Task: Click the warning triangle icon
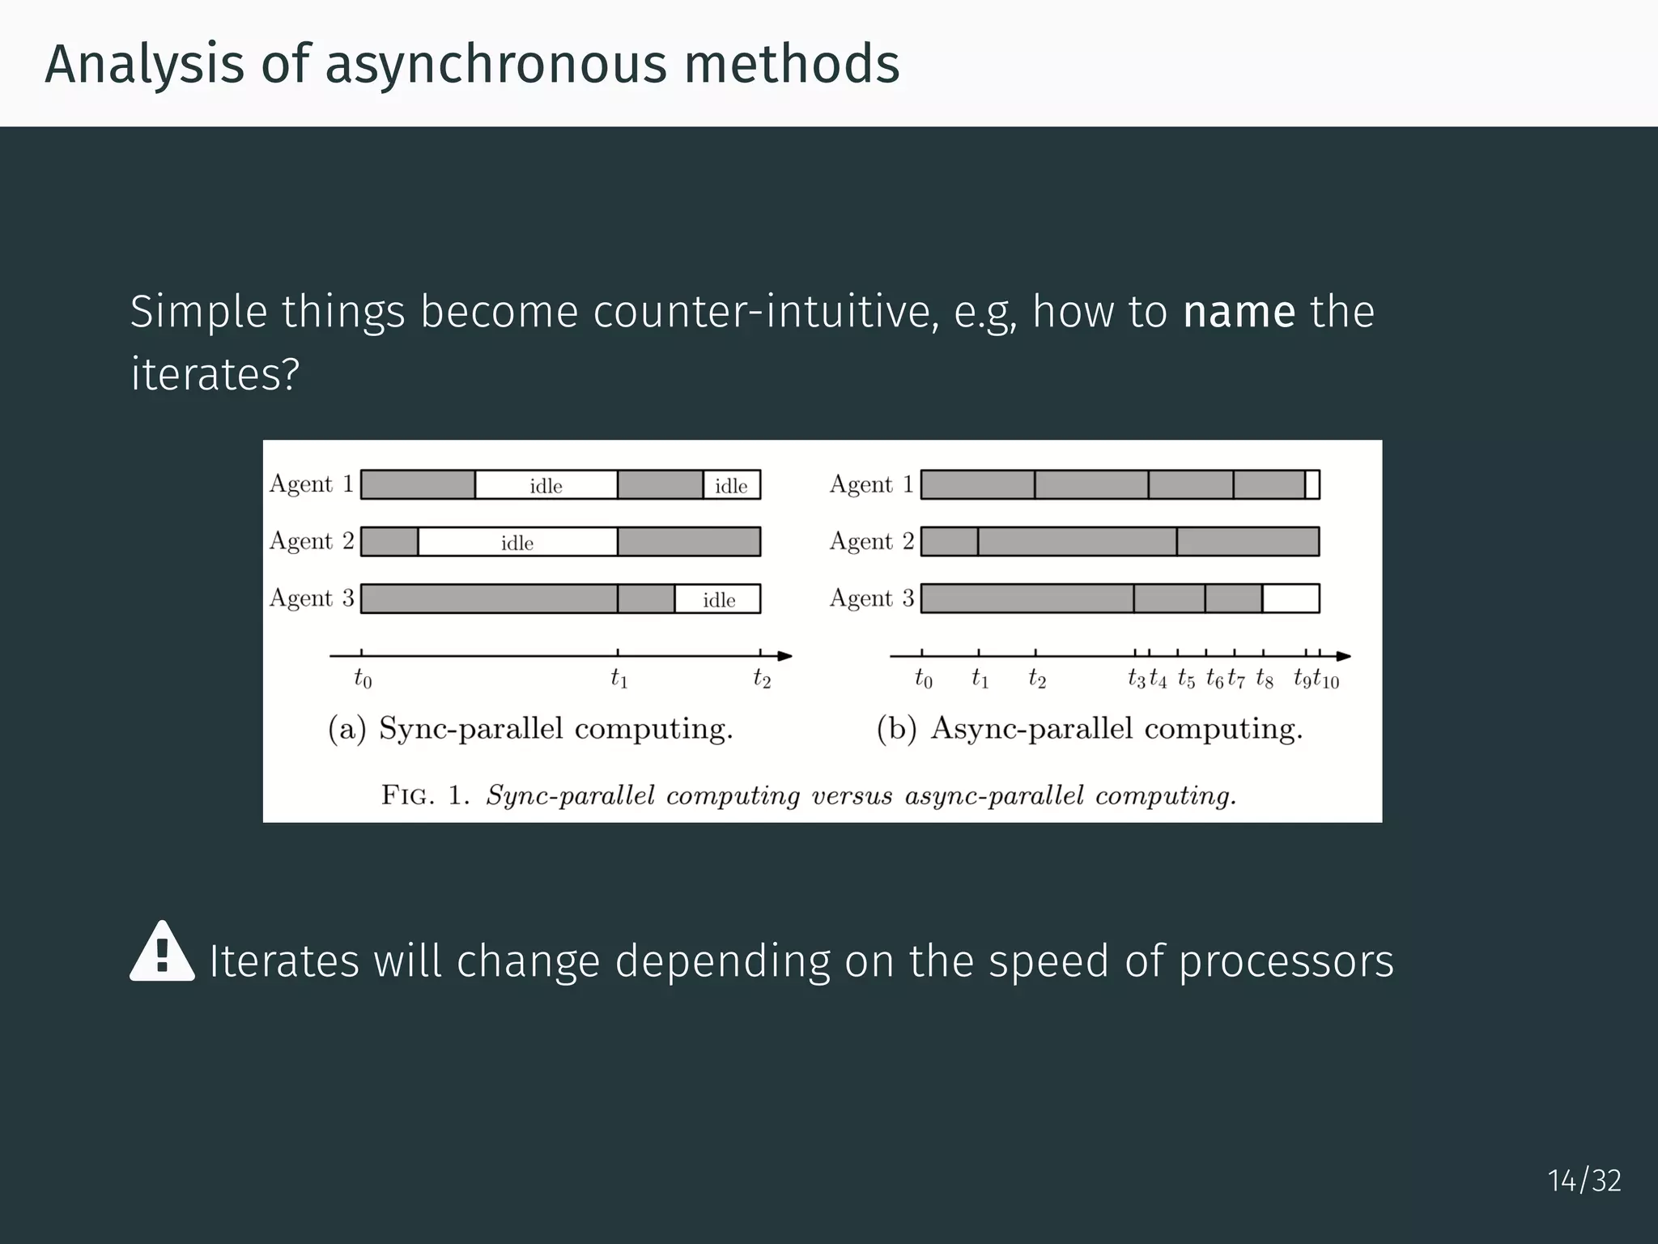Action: (x=162, y=952)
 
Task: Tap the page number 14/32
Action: (x=1584, y=1181)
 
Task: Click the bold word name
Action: (x=1239, y=312)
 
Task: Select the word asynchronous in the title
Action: (x=496, y=64)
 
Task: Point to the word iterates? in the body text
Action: (x=215, y=374)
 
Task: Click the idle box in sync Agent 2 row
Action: (x=517, y=542)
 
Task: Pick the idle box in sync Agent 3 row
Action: (x=718, y=599)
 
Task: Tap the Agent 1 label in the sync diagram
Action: (x=312, y=484)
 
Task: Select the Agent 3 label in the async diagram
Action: (x=872, y=599)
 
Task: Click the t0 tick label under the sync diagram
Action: (x=363, y=679)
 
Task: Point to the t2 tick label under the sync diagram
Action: (x=762, y=678)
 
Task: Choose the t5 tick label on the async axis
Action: (x=1186, y=679)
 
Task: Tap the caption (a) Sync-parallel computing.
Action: (x=530, y=729)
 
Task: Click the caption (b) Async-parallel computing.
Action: (x=1090, y=729)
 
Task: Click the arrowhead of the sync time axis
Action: (x=784, y=656)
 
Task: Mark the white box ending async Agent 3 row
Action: (x=1290, y=599)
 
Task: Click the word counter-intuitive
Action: (x=765, y=312)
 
